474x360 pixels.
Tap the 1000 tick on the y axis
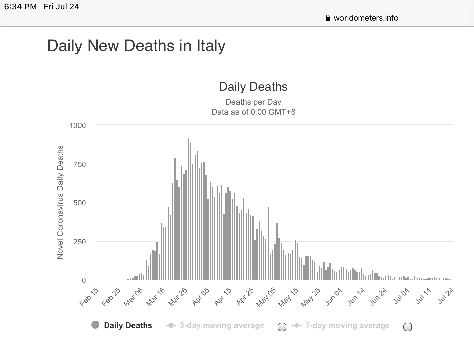point(77,125)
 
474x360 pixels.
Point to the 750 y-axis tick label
point(80,164)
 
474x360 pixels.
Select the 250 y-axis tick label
point(80,242)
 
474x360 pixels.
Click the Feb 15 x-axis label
point(89,297)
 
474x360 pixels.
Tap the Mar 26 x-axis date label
point(178,297)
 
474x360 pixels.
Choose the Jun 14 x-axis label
point(356,297)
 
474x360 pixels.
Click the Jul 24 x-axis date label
point(446,296)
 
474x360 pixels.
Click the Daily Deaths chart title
point(253,87)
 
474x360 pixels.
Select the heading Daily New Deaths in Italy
point(136,46)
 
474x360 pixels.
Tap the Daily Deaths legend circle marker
point(95,325)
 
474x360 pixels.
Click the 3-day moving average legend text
point(222,325)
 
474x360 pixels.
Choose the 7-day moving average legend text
point(347,325)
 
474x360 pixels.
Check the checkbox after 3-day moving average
point(282,327)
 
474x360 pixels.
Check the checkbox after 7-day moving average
point(407,327)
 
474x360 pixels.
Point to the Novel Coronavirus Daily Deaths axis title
point(60,202)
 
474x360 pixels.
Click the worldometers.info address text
point(366,18)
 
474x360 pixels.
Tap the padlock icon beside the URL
point(328,18)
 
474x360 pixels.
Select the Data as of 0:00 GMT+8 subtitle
point(253,112)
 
